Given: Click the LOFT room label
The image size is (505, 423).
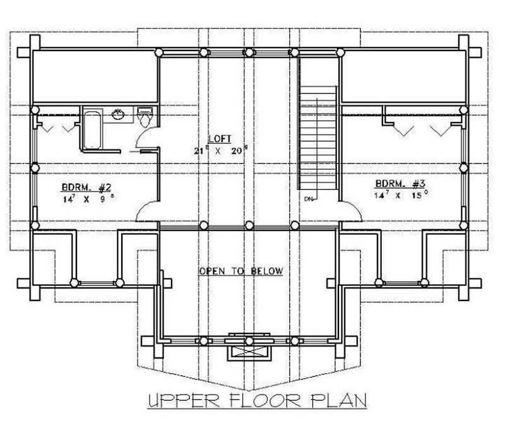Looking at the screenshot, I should coord(222,138).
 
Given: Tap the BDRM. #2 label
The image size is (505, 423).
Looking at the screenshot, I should coord(86,187).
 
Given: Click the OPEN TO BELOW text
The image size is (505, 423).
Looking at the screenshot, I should coord(241,271).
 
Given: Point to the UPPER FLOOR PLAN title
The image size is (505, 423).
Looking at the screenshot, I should coord(257,401).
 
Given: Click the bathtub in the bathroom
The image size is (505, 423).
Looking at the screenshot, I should coord(92,129).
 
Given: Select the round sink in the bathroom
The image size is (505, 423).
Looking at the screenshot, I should coord(118,114).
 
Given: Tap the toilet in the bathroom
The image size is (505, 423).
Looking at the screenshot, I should coord(145,117).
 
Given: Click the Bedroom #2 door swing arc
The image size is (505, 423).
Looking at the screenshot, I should coord(147,211).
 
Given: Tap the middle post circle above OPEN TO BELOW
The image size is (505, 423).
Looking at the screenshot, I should coord(249,225).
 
